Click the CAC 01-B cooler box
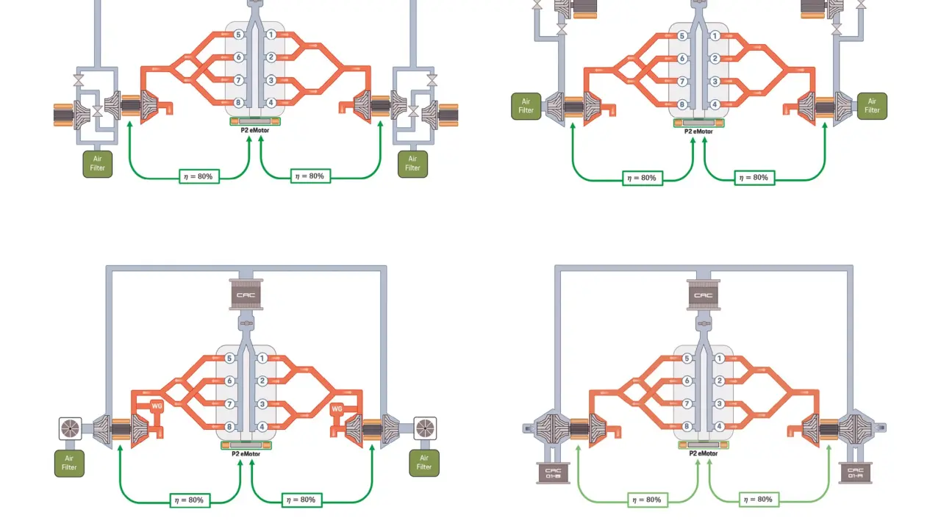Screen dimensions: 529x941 point(554,474)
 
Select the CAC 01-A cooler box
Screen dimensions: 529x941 point(855,473)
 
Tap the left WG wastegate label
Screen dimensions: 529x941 point(157,406)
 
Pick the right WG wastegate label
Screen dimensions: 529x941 point(337,409)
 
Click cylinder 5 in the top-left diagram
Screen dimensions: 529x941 point(238,35)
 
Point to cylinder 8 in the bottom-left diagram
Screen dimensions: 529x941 point(229,427)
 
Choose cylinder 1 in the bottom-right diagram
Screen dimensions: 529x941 point(719,359)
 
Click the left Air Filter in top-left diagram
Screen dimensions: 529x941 point(98,163)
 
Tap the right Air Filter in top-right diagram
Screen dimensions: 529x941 point(872,106)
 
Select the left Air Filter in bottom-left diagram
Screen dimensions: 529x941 point(69,463)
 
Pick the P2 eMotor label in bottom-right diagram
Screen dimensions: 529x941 point(704,453)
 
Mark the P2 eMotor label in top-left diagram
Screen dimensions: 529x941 point(255,130)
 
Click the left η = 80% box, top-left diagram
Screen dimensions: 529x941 point(198,176)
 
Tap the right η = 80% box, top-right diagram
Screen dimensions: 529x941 point(754,178)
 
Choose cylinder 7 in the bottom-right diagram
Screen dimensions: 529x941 point(687,403)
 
